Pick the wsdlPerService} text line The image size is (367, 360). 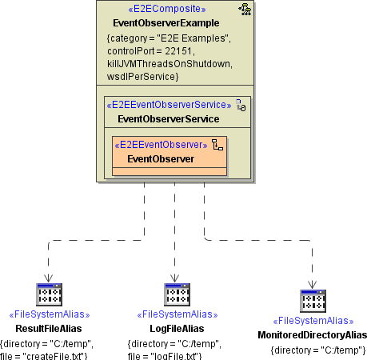point(142,75)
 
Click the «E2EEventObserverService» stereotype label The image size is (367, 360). point(168,105)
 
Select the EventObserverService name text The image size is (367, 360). point(168,118)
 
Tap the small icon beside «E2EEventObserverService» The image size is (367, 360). point(239,105)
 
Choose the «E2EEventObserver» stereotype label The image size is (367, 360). point(162,145)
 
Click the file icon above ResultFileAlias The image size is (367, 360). point(50,296)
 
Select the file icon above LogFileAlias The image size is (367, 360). point(177,296)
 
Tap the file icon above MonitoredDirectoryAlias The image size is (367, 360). point(313,302)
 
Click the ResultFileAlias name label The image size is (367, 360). point(49,329)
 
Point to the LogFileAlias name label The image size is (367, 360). point(177,329)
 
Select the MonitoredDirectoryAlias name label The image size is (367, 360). point(313,334)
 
